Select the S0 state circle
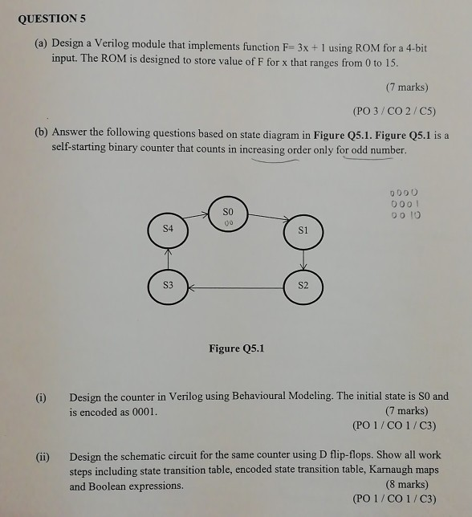[x=229, y=213]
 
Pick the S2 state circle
[x=303, y=285]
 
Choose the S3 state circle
[x=168, y=286]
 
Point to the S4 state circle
[x=167, y=230]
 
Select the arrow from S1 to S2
[x=303, y=258]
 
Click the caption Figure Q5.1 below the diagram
[x=235, y=348]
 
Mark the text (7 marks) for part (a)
[x=407, y=87]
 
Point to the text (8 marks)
[x=407, y=484]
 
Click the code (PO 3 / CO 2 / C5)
[x=394, y=111]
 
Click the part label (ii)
[x=42, y=456]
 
